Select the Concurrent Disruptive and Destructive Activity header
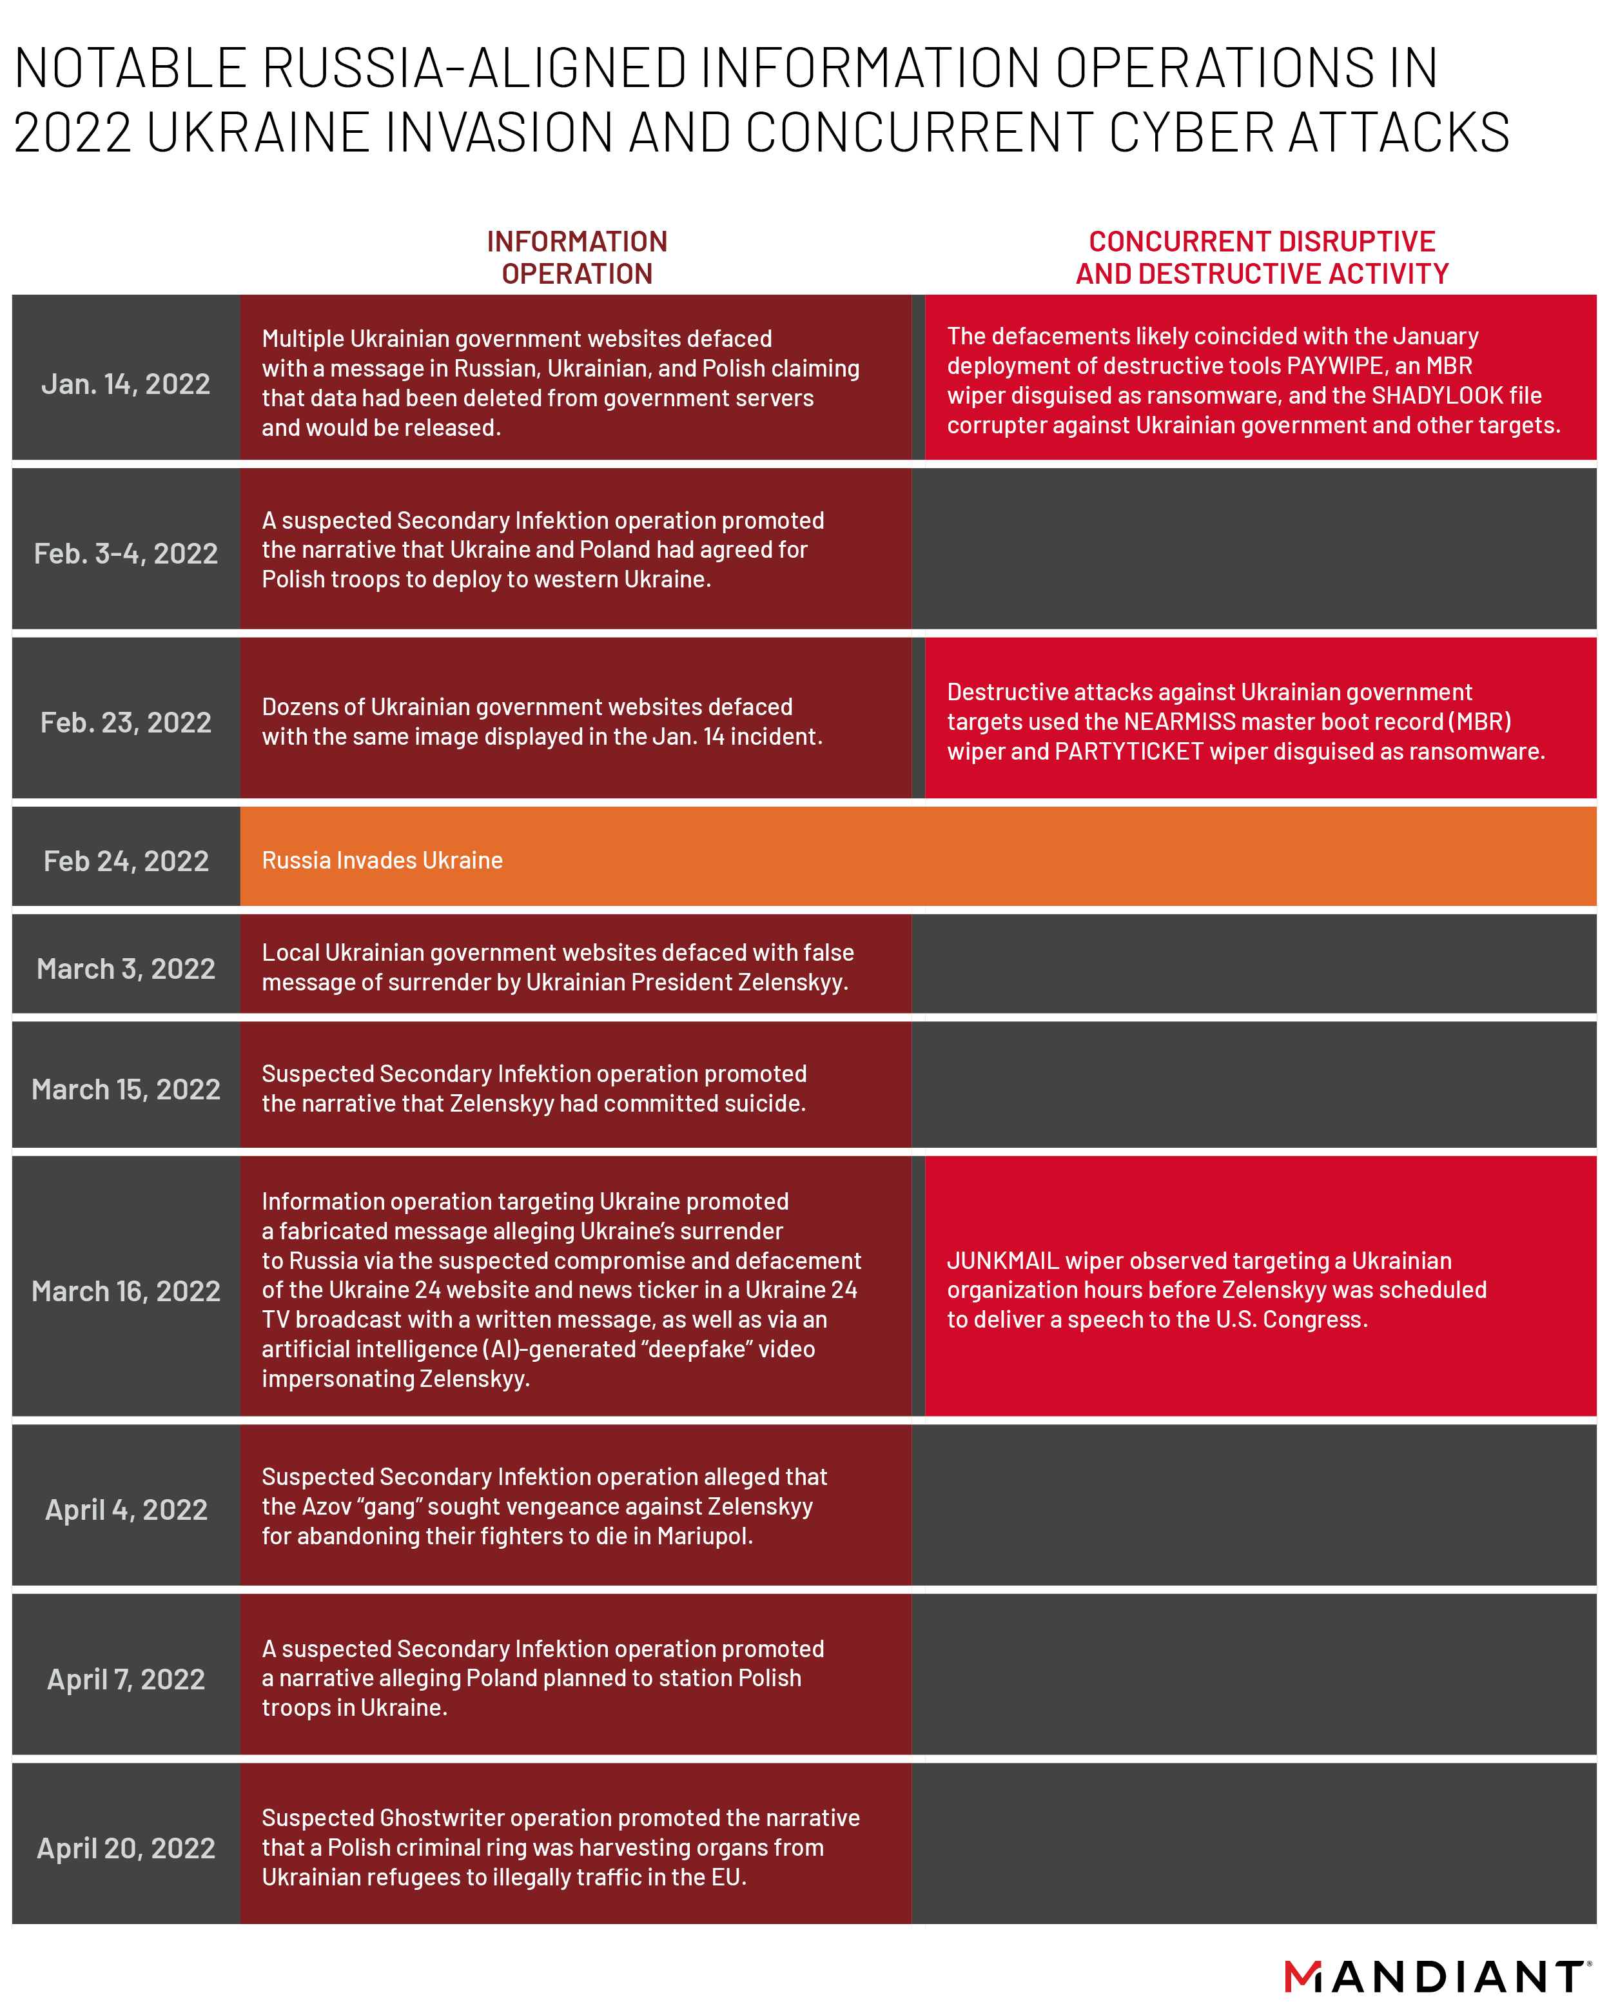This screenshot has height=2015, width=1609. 1262,258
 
